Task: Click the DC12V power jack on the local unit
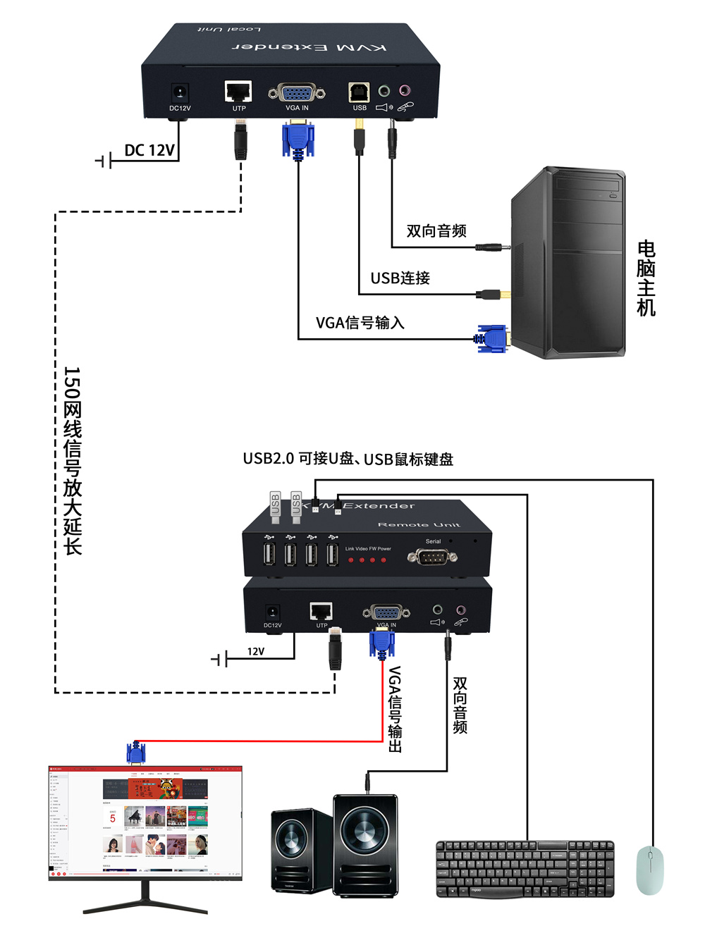pos(180,93)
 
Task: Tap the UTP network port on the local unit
pos(238,92)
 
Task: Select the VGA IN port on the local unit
pos(297,92)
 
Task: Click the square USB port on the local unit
pos(359,92)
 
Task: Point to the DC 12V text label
pos(149,150)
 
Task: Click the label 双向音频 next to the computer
pos(436,231)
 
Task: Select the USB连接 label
pos(400,278)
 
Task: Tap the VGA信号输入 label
pos(360,323)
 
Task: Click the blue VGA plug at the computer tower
pos(491,339)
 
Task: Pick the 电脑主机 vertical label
pos(646,278)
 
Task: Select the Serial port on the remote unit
pos(432,557)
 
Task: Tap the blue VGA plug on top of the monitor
pos(135,753)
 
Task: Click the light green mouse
pos(649,871)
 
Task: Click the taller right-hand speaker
pos(364,845)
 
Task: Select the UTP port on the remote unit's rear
pos(321,611)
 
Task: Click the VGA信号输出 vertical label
pos(395,709)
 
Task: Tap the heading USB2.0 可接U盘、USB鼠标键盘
pos(348,459)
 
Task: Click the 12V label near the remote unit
pos(256,651)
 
